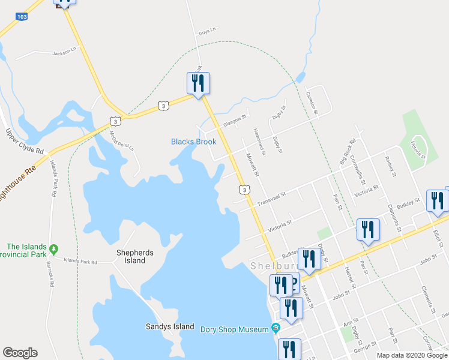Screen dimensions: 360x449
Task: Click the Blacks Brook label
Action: [x=193, y=142]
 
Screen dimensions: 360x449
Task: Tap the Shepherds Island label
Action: [x=131, y=256]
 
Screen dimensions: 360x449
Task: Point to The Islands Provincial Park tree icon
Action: [x=54, y=248]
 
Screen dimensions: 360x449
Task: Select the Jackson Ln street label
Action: [x=66, y=51]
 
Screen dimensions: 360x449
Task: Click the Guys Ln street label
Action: [x=206, y=29]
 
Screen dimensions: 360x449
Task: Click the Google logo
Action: [x=20, y=353]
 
